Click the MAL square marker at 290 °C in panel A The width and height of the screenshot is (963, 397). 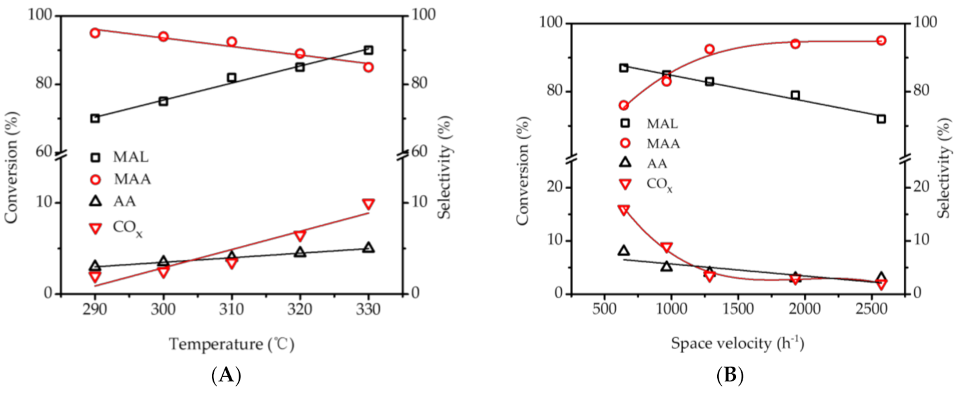(95, 118)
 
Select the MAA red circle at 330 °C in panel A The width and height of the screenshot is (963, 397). (368, 67)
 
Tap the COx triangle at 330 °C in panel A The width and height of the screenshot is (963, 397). (368, 205)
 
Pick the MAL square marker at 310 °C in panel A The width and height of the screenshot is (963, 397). (231, 77)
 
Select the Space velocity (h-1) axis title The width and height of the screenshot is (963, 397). (737, 342)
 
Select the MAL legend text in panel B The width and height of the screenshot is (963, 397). (662, 123)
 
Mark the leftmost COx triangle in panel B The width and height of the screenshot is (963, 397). (624, 210)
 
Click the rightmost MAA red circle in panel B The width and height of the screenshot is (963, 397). (881, 40)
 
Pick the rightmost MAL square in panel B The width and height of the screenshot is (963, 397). (881, 119)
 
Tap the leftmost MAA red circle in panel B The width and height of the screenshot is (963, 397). (624, 105)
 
